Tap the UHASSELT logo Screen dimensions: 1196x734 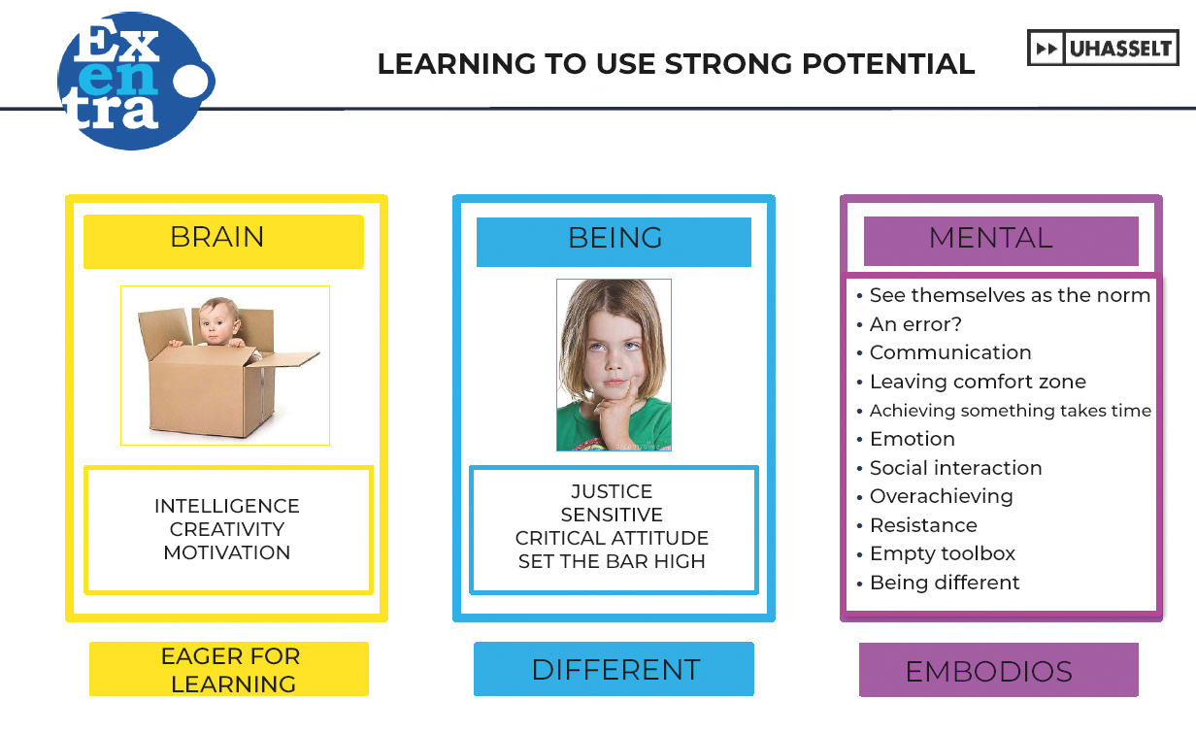[x=1103, y=48]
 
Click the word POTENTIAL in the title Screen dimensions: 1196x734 [x=888, y=64]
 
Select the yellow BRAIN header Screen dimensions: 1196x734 [x=223, y=242]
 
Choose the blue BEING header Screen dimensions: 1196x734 [x=614, y=242]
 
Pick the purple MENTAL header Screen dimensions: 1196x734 [x=1001, y=241]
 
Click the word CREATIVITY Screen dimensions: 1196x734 [x=227, y=529]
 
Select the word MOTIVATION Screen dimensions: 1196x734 [x=227, y=552]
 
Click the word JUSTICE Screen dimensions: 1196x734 [x=612, y=491]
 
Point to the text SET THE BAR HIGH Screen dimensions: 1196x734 [x=612, y=561]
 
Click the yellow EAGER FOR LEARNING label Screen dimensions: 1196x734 [x=229, y=669]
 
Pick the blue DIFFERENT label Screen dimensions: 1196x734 [x=614, y=669]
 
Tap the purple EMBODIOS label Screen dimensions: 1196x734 [x=999, y=670]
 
